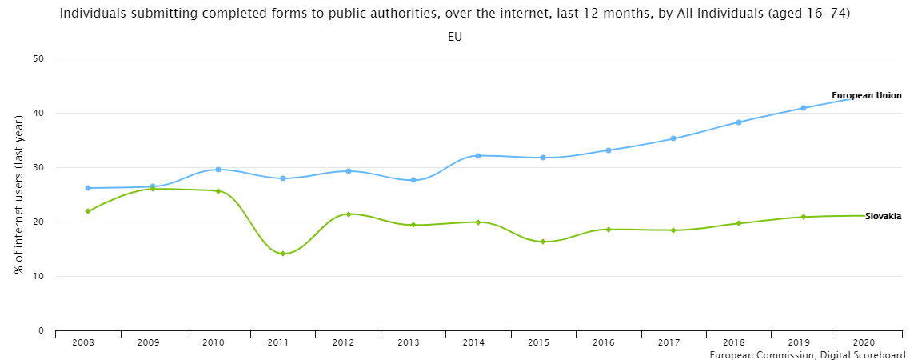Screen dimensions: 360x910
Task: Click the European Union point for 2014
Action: pos(478,155)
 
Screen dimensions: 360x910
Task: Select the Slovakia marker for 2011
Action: pos(282,254)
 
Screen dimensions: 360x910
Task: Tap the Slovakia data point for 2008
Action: pos(87,211)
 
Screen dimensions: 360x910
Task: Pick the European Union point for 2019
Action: pos(804,108)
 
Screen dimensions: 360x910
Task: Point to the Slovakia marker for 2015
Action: pos(543,242)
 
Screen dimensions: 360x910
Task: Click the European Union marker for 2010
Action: pos(218,170)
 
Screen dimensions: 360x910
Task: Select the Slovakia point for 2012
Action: pos(348,214)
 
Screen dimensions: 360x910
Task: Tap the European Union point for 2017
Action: pos(673,138)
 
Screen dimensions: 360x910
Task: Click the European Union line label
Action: pos(866,95)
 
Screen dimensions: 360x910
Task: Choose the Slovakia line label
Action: pos(883,217)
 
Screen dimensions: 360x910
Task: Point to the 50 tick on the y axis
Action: pos(38,58)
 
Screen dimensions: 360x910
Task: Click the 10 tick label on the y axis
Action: pos(38,276)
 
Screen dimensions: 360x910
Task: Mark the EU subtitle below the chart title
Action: pos(455,37)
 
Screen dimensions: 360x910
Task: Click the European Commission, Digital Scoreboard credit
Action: pos(808,354)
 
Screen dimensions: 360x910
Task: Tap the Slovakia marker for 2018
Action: pos(738,223)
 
